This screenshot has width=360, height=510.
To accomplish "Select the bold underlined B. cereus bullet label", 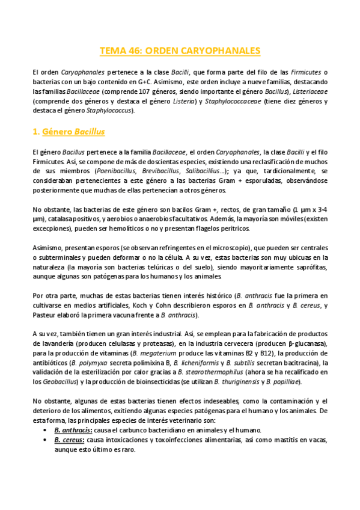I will tap(67, 440).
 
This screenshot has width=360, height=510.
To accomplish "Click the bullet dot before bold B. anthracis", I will tap(46, 431).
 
